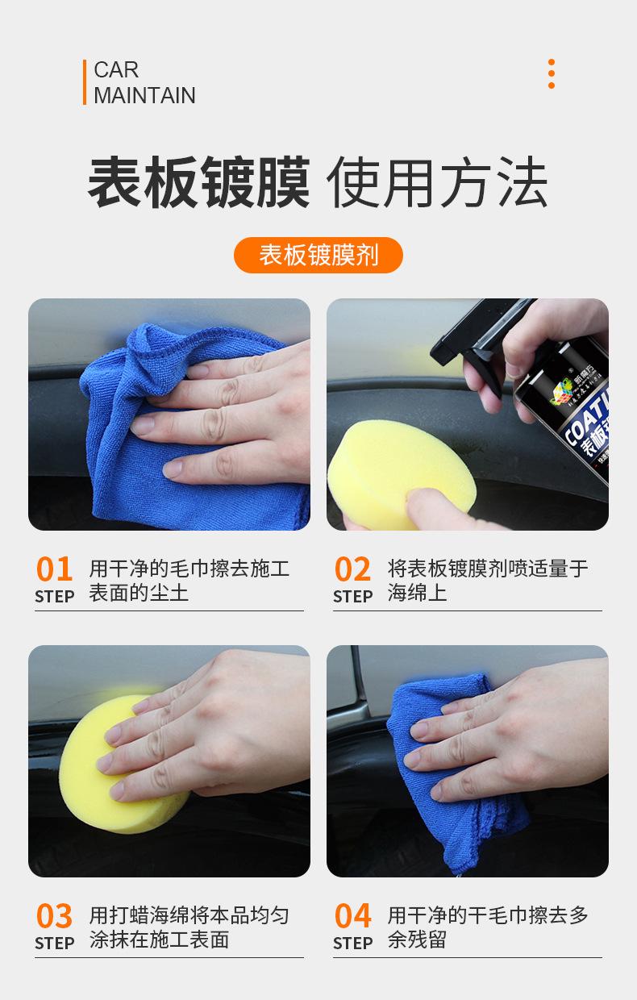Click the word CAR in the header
click(116, 70)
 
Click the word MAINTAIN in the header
click(144, 95)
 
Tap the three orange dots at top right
click(552, 73)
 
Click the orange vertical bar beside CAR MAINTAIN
click(84, 82)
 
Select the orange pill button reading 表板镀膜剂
click(318, 255)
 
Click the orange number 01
click(54, 569)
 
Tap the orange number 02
click(352, 569)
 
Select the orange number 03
click(54, 916)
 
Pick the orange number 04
click(352, 916)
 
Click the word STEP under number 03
click(54, 943)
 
